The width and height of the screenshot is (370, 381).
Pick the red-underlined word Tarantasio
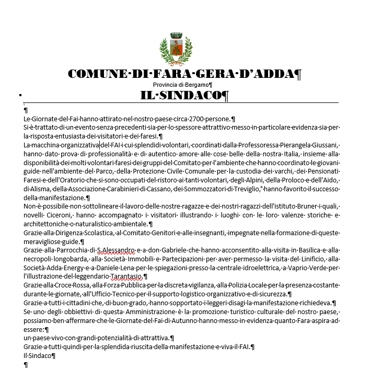126,276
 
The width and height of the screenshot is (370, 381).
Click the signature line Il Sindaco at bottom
38,356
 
